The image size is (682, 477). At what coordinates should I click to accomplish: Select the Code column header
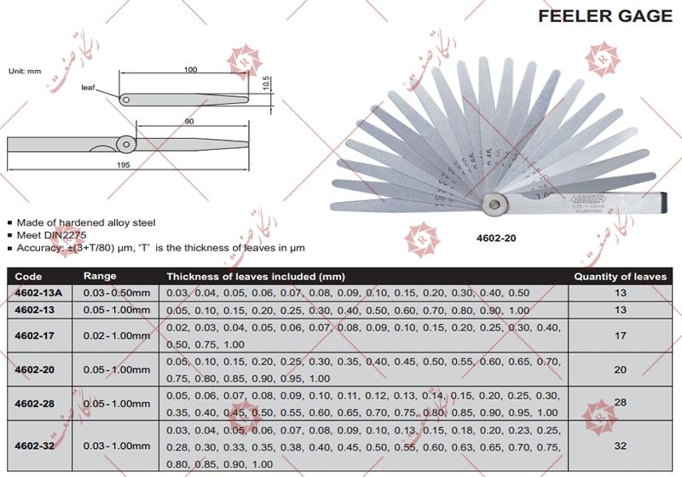28,277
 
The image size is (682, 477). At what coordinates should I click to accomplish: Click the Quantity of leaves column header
620,277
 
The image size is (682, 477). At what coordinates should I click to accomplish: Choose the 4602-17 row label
35,335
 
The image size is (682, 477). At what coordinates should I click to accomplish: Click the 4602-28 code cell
35,403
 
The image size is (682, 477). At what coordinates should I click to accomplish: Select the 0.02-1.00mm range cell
116,335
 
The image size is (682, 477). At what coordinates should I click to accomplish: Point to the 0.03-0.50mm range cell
116,294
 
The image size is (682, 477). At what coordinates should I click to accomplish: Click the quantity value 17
620,335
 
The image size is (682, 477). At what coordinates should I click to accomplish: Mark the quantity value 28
620,403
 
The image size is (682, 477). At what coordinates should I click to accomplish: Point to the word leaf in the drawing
89,88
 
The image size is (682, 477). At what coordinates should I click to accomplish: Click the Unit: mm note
26,72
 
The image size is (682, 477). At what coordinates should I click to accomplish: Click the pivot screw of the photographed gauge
495,204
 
